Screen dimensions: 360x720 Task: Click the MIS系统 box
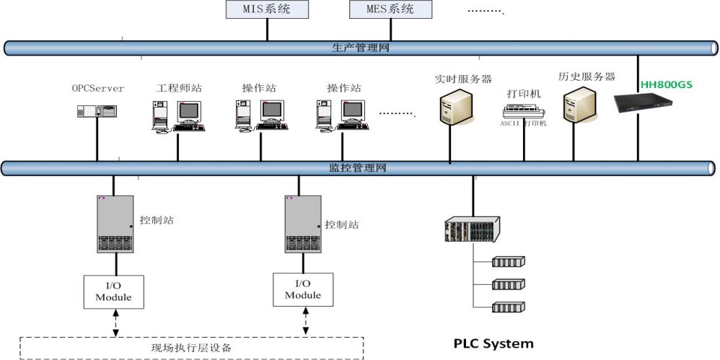(268, 9)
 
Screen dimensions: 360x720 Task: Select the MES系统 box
(391, 9)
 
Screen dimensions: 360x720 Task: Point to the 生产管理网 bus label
(361, 48)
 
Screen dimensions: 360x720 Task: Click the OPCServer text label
(97, 89)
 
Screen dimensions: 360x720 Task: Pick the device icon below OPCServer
(97, 111)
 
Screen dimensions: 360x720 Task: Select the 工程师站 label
(179, 89)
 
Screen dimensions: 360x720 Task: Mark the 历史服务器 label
(587, 76)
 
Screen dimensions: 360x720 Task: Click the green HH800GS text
(666, 84)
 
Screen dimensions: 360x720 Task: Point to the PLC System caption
(493, 343)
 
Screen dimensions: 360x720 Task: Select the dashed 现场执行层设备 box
(191, 348)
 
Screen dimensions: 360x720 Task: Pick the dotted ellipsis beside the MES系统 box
(485, 12)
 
